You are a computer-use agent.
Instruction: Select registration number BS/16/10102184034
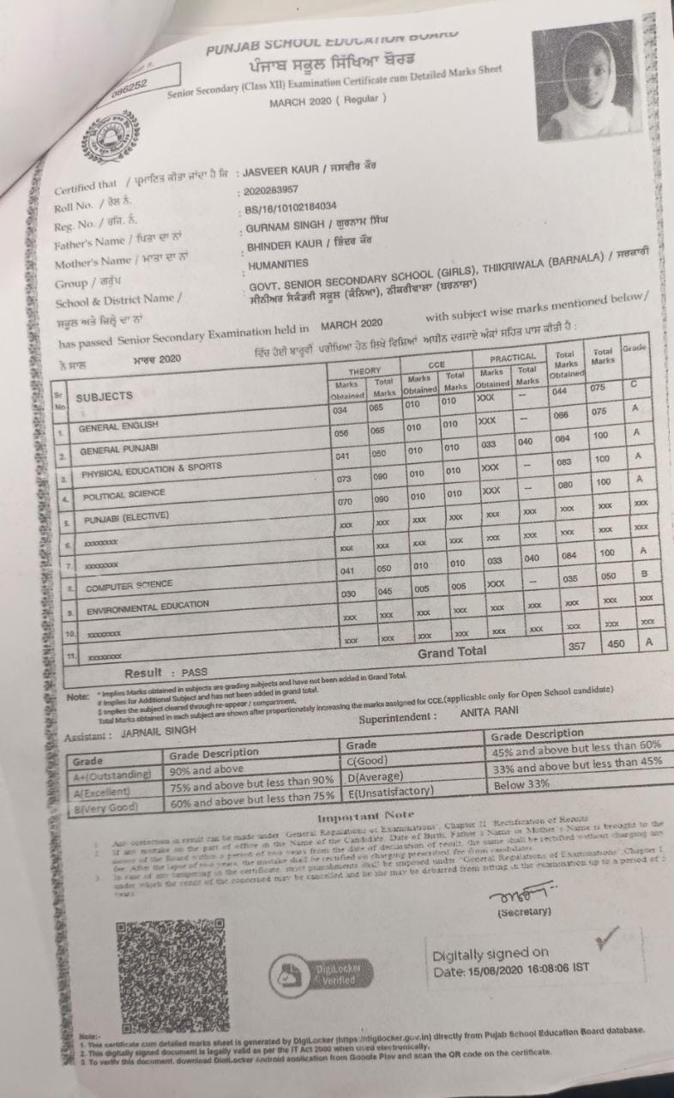point(289,207)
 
